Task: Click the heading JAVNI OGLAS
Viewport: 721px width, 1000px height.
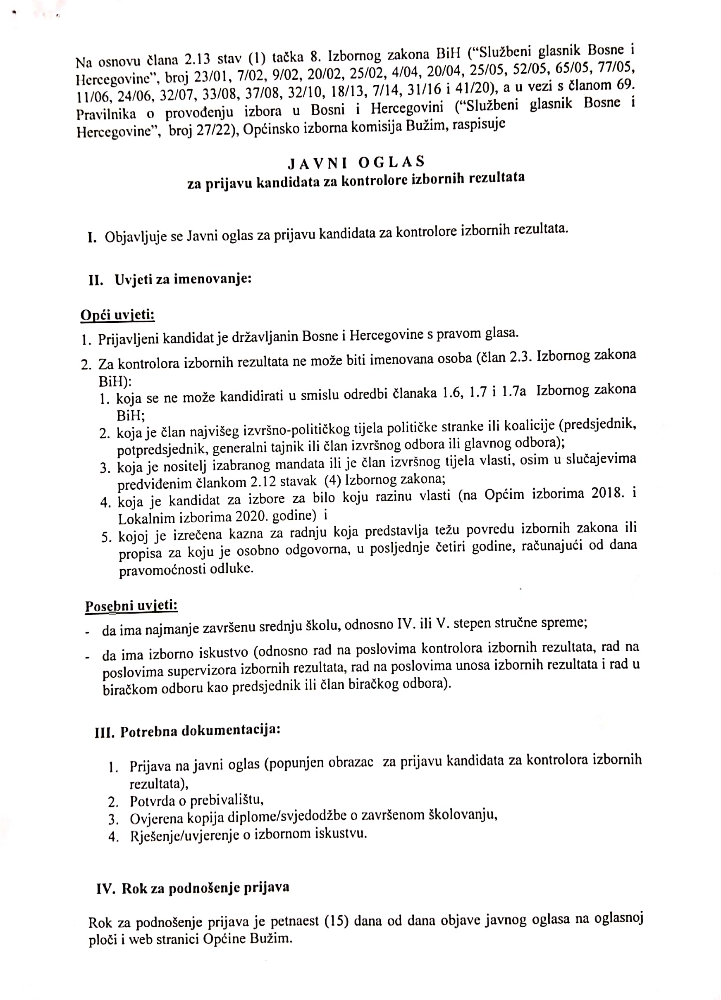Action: (x=356, y=163)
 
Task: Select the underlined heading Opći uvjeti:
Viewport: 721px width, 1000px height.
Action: (x=117, y=315)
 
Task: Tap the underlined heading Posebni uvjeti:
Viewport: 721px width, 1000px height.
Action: (x=131, y=606)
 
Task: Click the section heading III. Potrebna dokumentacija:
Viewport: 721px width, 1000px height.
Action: (x=188, y=731)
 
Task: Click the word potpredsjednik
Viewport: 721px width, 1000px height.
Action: (x=162, y=449)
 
